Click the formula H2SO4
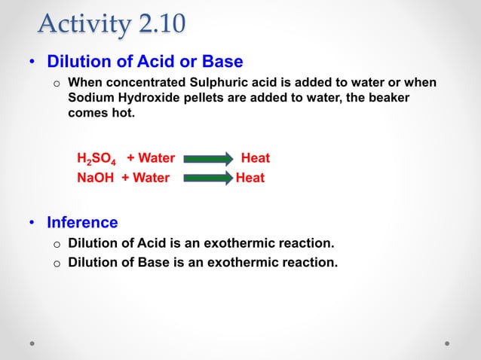click(x=97, y=159)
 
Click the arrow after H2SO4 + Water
click(x=209, y=159)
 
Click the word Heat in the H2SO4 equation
click(x=255, y=158)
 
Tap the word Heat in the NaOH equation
click(x=250, y=178)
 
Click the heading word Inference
click(x=82, y=222)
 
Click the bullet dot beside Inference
click(x=32, y=223)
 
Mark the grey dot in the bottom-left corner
click(x=32, y=343)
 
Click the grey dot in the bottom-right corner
click(x=448, y=343)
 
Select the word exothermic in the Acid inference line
click(x=240, y=243)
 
